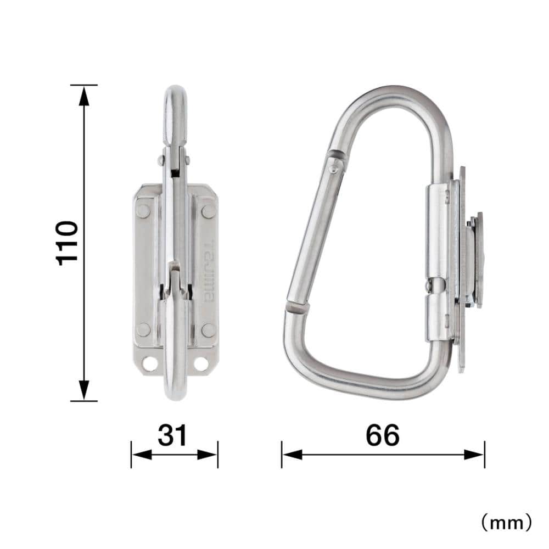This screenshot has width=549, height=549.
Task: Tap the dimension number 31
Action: [x=172, y=435]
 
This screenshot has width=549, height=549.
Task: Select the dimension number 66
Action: [x=382, y=435]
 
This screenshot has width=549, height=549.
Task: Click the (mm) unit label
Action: [x=507, y=523]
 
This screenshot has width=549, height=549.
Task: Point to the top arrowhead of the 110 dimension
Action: [x=83, y=96]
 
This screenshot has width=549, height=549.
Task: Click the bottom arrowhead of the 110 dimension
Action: [x=83, y=390]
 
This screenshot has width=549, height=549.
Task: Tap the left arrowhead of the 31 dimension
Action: [x=142, y=455]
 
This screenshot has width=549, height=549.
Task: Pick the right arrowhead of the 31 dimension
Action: [x=208, y=455]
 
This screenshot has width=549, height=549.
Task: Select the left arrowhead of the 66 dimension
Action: [x=293, y=455]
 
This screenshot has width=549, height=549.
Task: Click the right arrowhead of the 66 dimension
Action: [x=474, y=455]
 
